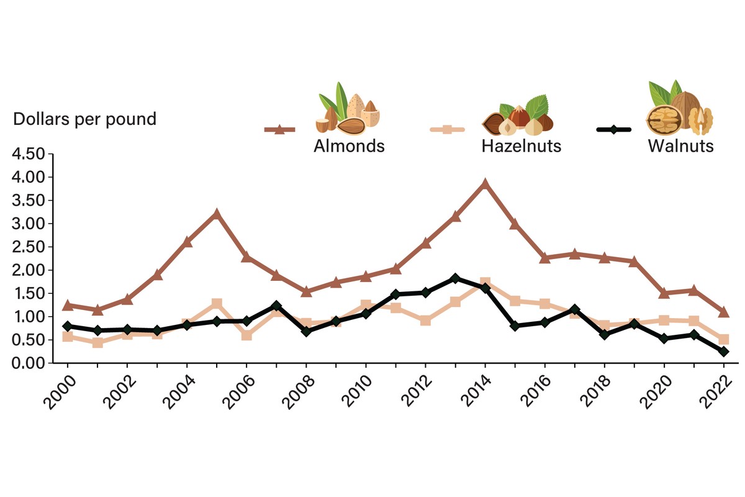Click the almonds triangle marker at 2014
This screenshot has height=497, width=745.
coord(485,184)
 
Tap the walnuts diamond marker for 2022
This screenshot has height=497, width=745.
coord(723,352)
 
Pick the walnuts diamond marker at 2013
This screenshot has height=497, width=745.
coord(455,278)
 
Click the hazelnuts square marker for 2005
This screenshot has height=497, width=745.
coord(217,304)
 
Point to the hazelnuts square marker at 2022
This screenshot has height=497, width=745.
coord(723,340)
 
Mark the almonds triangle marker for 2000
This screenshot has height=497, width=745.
coord(68,305)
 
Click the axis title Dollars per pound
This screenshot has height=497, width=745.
coord(85,119)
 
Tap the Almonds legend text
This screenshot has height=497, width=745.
coord(349,147)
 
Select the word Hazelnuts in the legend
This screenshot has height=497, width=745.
coord(521,147)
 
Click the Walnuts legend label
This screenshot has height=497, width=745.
coord(680,147)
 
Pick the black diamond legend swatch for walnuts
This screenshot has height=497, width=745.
coord(613,130)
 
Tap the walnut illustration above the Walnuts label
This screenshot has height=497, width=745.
coord(679,109)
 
